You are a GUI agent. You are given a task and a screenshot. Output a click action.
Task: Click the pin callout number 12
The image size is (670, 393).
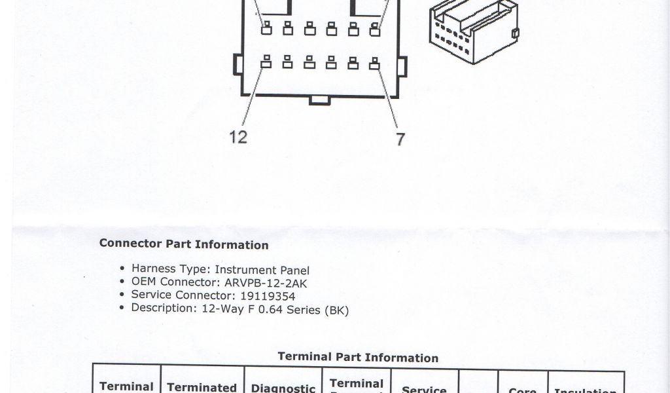click(x=238, y=137)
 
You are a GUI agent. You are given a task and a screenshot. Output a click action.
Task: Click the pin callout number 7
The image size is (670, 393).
click(x=400, y=139)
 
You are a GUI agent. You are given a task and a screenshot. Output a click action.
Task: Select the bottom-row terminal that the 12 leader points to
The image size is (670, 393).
click(x=266, y=63)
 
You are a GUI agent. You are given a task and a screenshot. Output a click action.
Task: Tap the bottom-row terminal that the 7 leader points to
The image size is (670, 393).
click(x=375, y=63)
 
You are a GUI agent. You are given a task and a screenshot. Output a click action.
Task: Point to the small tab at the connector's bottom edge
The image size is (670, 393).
click(x=319, y=100)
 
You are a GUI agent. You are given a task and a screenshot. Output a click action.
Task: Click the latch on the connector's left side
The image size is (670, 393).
click(x=238, y=65)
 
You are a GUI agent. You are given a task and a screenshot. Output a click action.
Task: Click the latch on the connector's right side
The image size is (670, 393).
click(x=402, y=65)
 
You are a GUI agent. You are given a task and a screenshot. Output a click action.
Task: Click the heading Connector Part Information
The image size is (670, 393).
click(x=184, y=244)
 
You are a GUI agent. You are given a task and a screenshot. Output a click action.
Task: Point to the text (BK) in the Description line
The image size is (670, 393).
click(x=336, y=310)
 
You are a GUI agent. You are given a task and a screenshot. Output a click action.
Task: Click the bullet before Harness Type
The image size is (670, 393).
click(x=122, y=269)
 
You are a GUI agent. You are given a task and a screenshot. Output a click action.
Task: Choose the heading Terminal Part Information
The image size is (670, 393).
click(x=358, y=357)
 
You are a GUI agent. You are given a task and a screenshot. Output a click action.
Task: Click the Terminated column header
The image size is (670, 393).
click(x=202, y=387)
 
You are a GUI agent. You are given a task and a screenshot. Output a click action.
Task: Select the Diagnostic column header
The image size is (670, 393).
click(x=283, y=388)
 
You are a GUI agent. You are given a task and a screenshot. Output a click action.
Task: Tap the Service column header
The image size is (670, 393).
click(x=424, y=389)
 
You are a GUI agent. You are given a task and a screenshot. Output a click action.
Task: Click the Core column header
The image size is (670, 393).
click(x=522, y=390)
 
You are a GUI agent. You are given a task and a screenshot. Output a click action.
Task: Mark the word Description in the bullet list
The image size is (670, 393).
click(x=160, y=308)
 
